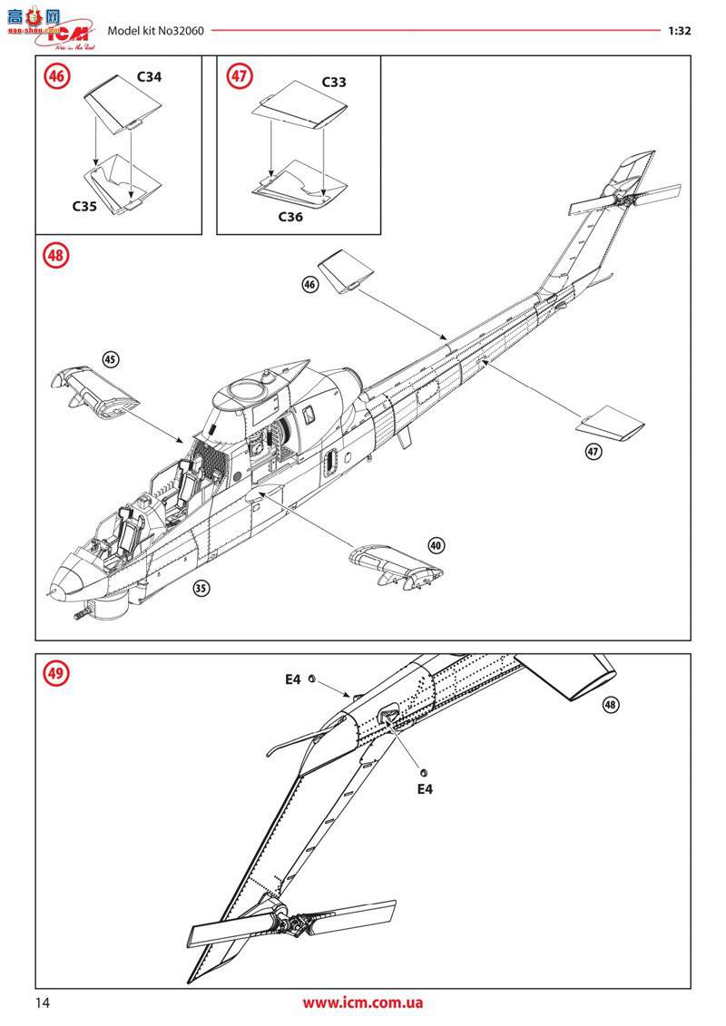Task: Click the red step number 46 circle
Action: pos(57,77)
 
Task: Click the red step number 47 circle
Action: pos(239,77)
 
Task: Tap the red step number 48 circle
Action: pos(57,257)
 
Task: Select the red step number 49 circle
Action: pos(57,674)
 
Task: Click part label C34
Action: pos(149,77)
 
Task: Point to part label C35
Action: pos(84,206)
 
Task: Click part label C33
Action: pos(334,82)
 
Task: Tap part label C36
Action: pos(290,217)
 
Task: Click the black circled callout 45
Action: pos(111,359)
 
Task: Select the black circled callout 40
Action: pos(437,545)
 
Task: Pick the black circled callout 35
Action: pos(201,588)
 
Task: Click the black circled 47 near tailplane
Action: pos(593,452)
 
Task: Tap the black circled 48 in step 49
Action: pos(609,705)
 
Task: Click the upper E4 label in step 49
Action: pos(291,679)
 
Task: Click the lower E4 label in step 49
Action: pos(425,788)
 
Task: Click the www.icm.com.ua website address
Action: pos(363,1002)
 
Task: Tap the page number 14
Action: pos(43,1002)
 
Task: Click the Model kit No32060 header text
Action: pos(155,30)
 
